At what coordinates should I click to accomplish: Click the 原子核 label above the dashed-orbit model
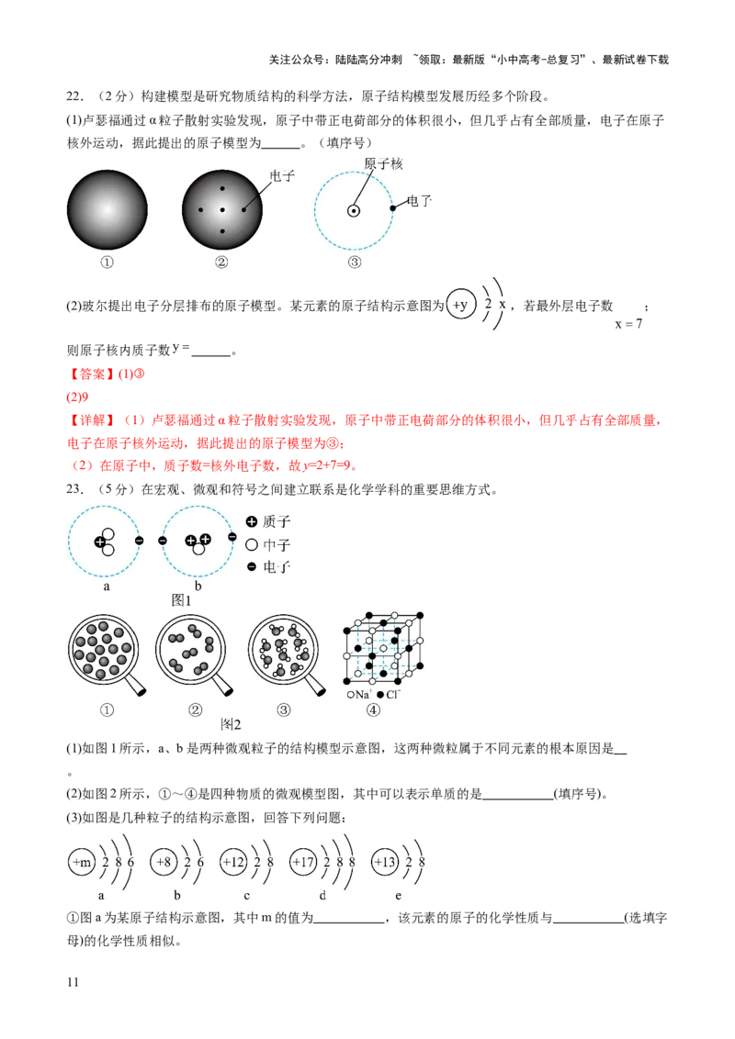pyautogui.click(x=383, y=164)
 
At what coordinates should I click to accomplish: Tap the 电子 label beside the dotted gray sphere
pyautogui.click(x=282, y=176)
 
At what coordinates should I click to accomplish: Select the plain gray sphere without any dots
pyautogui.click(x=107, y=210)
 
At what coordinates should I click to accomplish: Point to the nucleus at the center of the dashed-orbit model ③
pyautogui.click(x=353, y=211)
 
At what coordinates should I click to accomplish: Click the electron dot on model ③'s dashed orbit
pyautogui.click(x=393, y=208)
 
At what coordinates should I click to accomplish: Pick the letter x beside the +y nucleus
pyautogui.click(x=503, y=304)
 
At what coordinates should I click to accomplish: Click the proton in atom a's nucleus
pyautogui.click(x=100, y=542)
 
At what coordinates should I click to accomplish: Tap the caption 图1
pyautogui.click(x=181, y=600)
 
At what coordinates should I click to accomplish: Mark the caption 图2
pyautogui.click(x=231, y=724)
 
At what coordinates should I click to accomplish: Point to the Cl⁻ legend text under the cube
pyautogui.click(x=392, y=695)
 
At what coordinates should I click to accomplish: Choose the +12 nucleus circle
pyautogui.click(x=234, y=863)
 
